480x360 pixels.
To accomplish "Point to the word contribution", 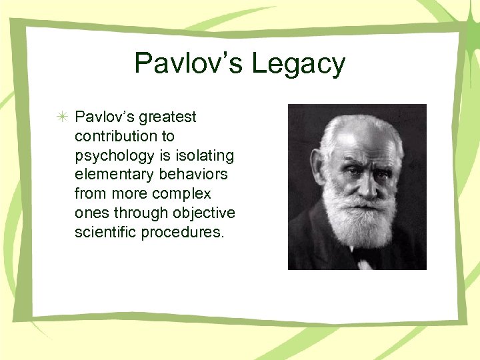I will [x=115, y=137].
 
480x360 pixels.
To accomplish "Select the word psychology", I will [x=116, y=156].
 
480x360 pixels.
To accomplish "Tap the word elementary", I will [x=114, y=175].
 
